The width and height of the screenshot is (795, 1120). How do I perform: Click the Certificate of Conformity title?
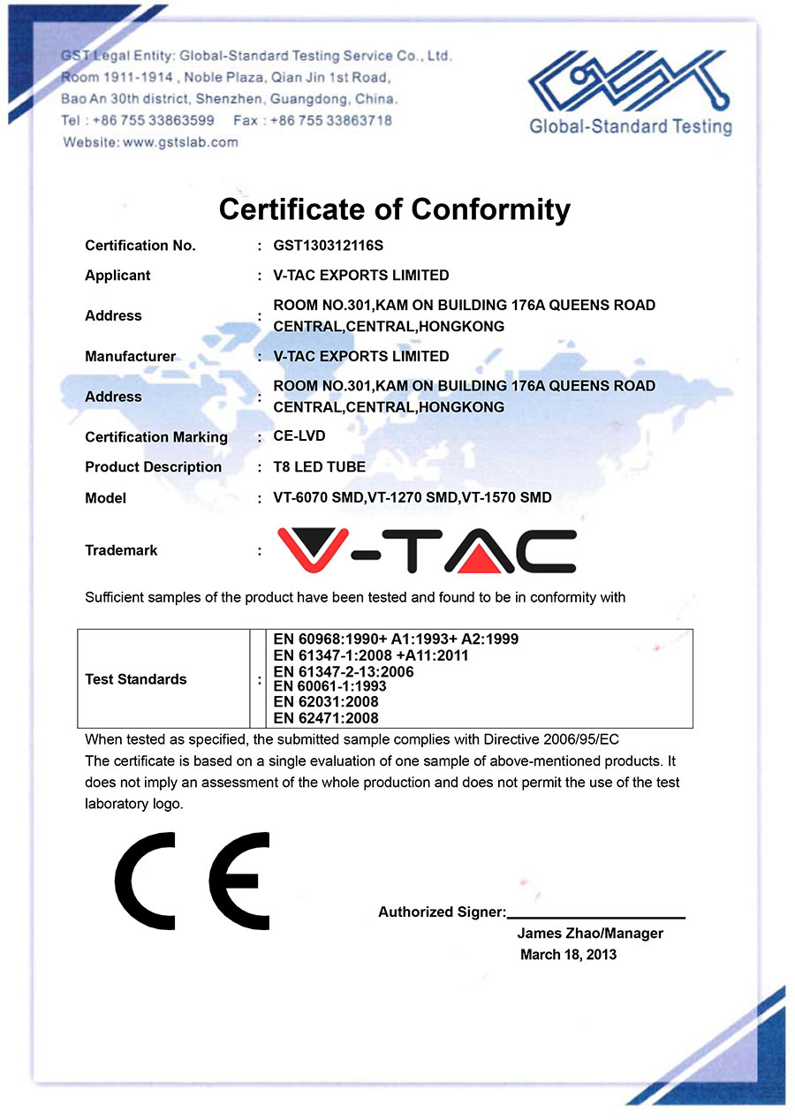[394, 209]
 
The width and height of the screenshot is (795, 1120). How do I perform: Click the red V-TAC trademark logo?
[427, 550]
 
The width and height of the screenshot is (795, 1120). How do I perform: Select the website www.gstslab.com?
[181, 142]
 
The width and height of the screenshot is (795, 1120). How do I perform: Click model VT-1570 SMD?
[509, 497]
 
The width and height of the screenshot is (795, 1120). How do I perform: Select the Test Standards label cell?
[136, 679]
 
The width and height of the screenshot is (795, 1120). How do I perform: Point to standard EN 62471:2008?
[326, 718]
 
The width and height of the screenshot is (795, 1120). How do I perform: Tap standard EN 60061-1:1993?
[329, 686]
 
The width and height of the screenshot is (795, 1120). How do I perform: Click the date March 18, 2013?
[568, 955]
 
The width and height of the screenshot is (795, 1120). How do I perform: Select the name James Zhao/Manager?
[590, 934]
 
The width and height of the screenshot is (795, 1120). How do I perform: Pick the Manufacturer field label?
[130, 356]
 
